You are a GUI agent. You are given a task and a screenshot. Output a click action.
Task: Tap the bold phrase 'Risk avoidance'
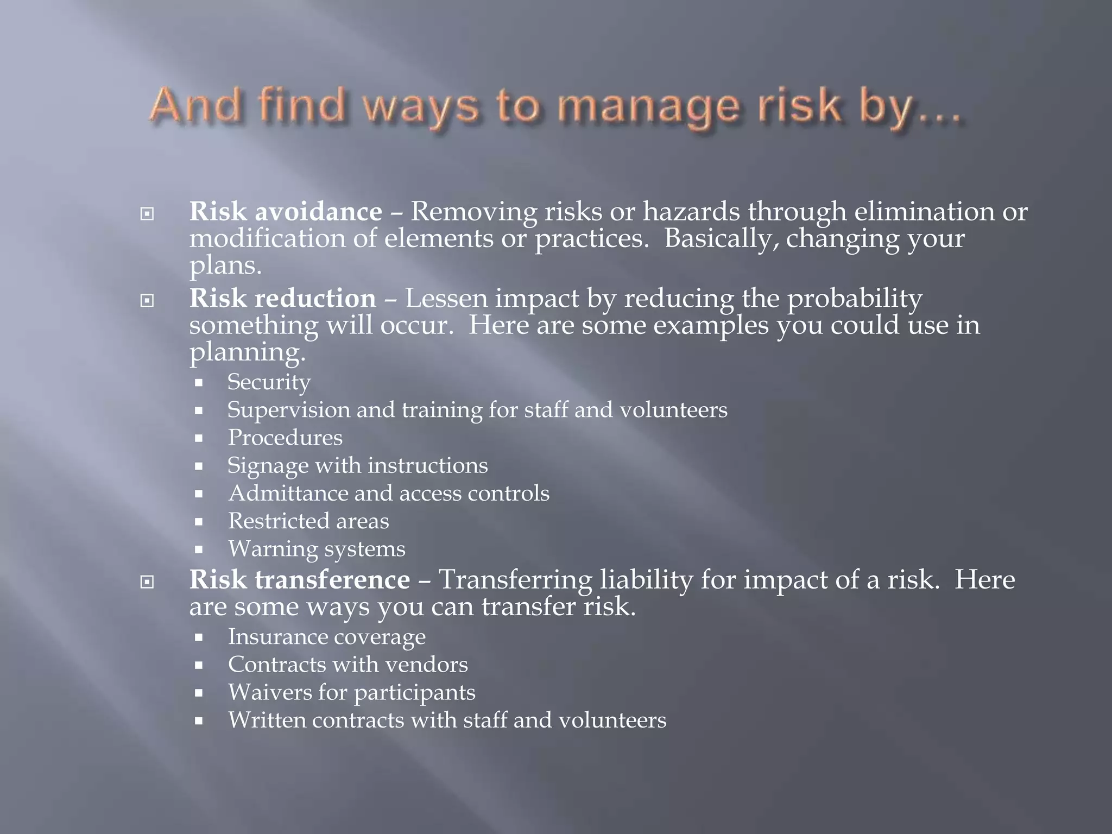(285, 211)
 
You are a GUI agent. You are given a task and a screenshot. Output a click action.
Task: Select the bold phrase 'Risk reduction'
(282, 299)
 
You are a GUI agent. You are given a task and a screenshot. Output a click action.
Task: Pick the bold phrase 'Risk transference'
(299, 579)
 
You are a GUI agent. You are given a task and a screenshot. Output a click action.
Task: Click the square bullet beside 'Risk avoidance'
(147, 214)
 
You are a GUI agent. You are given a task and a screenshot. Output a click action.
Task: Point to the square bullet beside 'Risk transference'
(147, 582)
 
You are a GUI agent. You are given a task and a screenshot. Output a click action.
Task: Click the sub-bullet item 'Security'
(269, 382)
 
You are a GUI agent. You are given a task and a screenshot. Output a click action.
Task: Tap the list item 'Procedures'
(285, 438)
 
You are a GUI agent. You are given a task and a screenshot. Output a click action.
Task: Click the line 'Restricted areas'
(308, 521)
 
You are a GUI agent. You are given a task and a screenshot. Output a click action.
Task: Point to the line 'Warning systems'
(317, 549)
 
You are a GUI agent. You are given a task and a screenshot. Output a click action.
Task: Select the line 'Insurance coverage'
(326, 637)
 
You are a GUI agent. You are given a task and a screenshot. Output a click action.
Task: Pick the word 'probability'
(855, 299)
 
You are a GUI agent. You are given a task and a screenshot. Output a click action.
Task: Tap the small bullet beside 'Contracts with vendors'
(199, 665)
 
